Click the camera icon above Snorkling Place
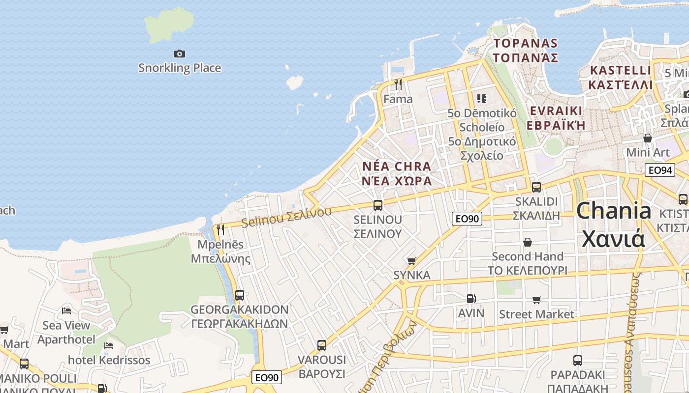click(x=180, y=54)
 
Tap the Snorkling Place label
click(x=180, y=68)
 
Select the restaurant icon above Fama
click(x=398, y=84)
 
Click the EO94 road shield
click(x=659, y=170)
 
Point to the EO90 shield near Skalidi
click(x=467, y=219)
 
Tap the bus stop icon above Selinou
click(x=378, y=205)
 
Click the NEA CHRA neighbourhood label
click(x=397, y=173)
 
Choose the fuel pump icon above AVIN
click(x=471, y=299)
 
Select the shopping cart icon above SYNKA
click(x=412, y=261)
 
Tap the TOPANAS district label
click(x=526, y=51)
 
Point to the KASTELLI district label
click(x=621, y=77)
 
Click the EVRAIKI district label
click(x=556, y=117)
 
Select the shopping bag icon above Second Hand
click(x=528, y=242)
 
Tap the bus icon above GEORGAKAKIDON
click(x=240, y=295)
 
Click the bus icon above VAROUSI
click(x=322, y=345)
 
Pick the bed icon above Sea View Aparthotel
click(x=66, y=311)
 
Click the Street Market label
click(x=536, y=314)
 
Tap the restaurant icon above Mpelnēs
click(x=220, y=229)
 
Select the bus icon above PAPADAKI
click(x=577, y=361)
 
